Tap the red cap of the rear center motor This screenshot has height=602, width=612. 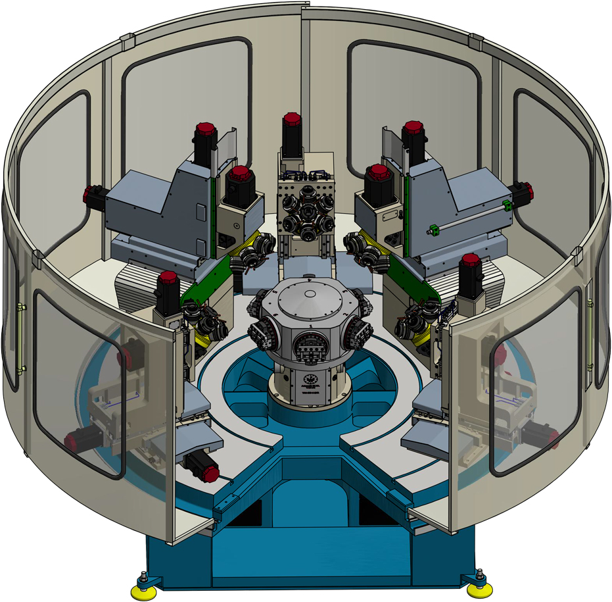coord(292,120)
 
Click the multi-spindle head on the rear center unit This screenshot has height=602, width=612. coord(305,211)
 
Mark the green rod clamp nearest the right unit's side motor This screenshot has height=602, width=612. coord(506,205)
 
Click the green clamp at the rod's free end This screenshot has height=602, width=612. coord(433,230)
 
